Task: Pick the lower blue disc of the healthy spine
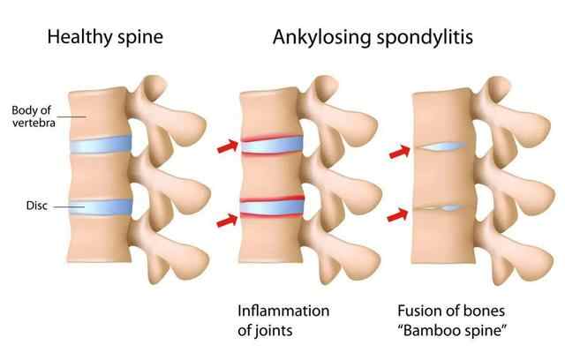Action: pos(100,208)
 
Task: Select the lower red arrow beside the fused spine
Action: pos(399,213)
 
